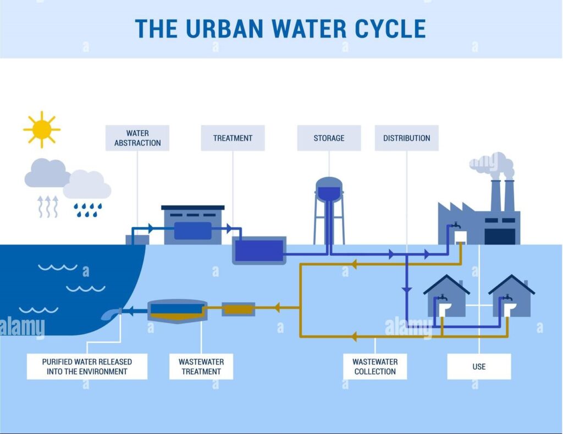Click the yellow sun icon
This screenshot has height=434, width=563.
tap(42, 130)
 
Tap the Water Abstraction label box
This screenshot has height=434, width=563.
tap(137, 138)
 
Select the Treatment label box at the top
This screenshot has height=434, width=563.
tap(233, 138)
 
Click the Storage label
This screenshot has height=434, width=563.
tap(329, 138)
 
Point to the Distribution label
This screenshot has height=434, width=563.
tap(406, 138)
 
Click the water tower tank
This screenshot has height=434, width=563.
tap(329, 188)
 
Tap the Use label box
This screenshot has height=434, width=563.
tap(479, 366)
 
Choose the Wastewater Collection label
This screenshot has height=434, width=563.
tap(375, 366)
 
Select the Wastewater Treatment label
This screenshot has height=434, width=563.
tap(201, 366)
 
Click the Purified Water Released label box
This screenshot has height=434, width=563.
tap(87, 366)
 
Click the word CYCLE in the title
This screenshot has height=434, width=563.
tap(390, 29)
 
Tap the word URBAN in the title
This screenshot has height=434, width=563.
tap(225, 29)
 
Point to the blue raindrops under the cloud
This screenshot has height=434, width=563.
tap(87, 210)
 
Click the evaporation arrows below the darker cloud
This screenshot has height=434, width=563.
tap(48, 207)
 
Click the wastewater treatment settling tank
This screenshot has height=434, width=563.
tap(178, 311)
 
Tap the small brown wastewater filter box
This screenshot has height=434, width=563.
tap(239, 309)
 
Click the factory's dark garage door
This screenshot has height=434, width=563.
tap(500, 236)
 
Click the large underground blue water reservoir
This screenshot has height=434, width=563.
tap(259, 251)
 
